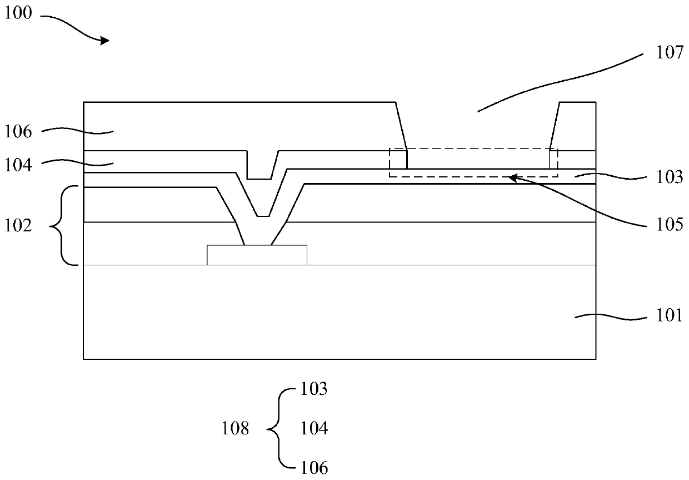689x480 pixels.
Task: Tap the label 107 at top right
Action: coord(669,53)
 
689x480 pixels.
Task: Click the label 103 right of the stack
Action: coord(669,177)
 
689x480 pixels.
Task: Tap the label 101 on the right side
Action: coord(669,315)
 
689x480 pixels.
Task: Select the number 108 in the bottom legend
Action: coord(236,429)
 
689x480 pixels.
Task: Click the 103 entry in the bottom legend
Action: coord(314,389)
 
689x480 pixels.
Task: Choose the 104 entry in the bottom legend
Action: coord(314,429)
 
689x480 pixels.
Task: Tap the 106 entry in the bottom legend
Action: coord(314,468)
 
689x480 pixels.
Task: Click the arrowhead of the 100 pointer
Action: coord(105,40)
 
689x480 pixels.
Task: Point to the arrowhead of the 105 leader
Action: coord(512,177)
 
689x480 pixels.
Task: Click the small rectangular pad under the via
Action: coord(257,255)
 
